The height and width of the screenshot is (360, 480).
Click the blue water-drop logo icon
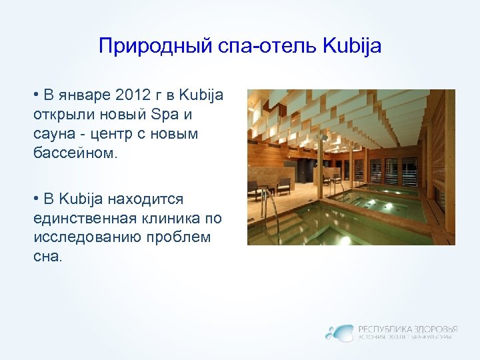point(340,331)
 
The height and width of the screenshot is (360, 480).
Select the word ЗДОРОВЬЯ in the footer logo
point(435,329)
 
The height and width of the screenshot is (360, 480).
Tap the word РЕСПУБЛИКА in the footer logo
point(384,329)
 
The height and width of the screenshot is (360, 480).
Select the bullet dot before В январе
point(35,94)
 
